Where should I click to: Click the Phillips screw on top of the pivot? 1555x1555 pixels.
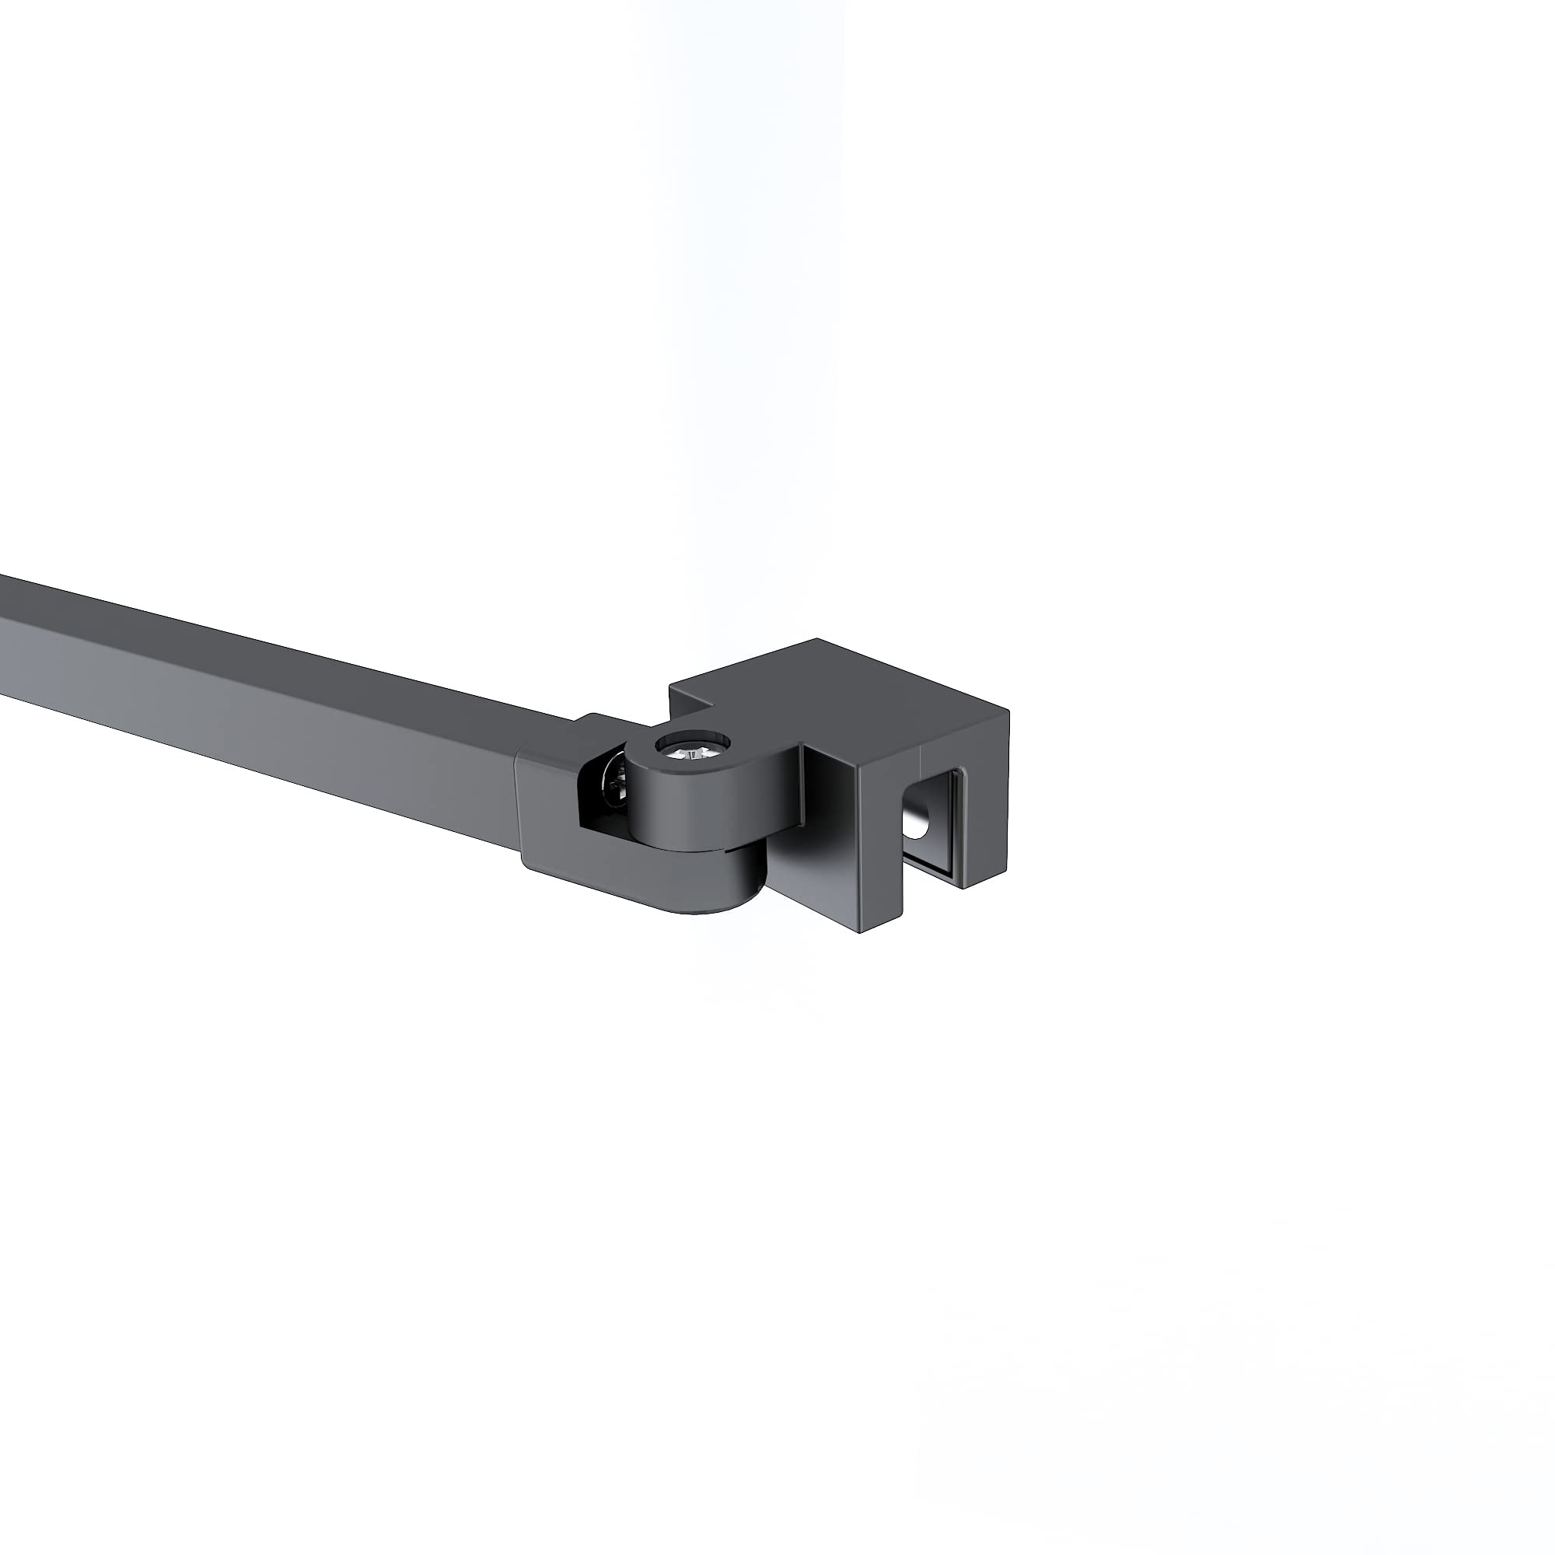(690, 752)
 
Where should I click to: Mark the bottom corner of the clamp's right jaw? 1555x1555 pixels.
(964, 888)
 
